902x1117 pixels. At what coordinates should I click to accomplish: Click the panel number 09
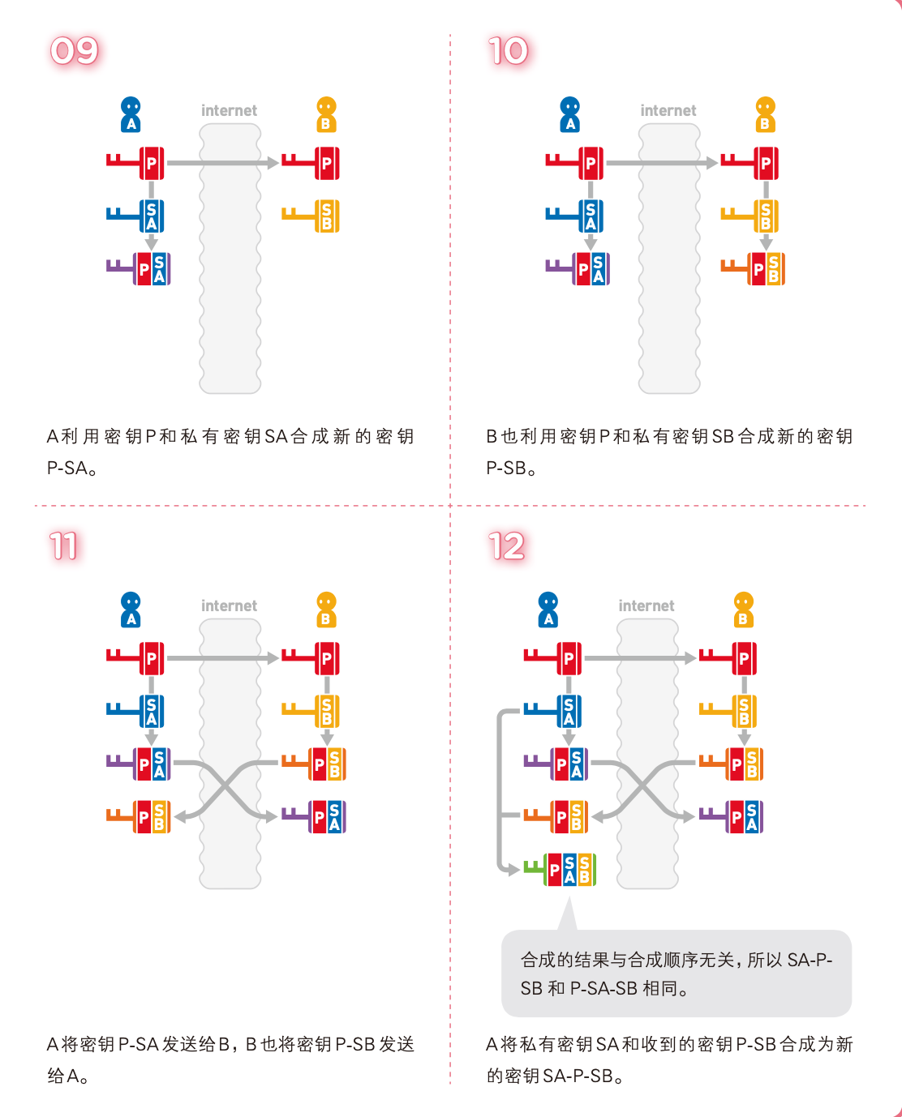point(75,51)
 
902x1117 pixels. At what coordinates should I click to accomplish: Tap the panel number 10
point(508,51)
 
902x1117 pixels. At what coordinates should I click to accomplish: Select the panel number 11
point(64,546)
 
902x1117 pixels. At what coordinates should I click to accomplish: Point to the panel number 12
point(507,546)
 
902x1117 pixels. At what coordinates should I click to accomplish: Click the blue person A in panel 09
point(131,115)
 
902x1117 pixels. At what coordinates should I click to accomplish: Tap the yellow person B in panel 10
point(766,115)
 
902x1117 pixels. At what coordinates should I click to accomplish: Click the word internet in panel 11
point(229,606)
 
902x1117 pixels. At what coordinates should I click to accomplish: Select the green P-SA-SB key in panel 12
point(560,870)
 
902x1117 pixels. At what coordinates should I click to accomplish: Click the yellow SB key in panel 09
point(311,216)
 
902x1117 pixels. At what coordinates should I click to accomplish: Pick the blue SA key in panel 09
point(135,216)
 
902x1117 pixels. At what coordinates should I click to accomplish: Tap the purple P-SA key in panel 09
point(138,269)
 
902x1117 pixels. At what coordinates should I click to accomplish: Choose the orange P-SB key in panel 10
point(753,269)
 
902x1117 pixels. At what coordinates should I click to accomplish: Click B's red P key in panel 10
point(750,163)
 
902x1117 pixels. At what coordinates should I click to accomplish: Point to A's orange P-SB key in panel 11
point(138,817)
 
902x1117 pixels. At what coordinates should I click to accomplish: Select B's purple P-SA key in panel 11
point(314,817)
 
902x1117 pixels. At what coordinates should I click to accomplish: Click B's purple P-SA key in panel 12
point(731,817)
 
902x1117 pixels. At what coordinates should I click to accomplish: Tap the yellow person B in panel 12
point(744,610)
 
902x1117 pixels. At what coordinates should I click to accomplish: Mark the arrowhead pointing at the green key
point(514,870)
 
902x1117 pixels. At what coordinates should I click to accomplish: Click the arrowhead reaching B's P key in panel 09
point(273,163)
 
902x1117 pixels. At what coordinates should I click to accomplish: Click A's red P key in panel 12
point(553,658)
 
